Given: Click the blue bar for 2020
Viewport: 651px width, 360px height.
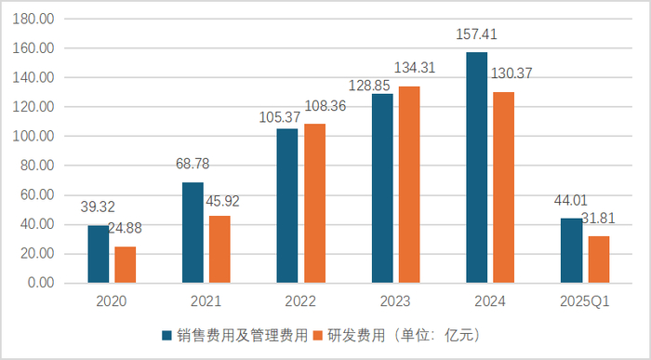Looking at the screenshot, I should pos(98,254).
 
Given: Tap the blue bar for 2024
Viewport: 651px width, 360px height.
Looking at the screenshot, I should pos(476,167).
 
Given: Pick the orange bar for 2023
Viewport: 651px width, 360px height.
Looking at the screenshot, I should pos(408,184).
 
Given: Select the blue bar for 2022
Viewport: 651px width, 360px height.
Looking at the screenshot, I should pos(286,206).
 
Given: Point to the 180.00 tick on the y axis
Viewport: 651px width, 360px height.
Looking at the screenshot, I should pos(35,19).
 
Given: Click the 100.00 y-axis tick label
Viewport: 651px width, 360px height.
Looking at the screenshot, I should pos(35,137).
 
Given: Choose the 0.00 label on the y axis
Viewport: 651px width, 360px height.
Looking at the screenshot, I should pos(41,283).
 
